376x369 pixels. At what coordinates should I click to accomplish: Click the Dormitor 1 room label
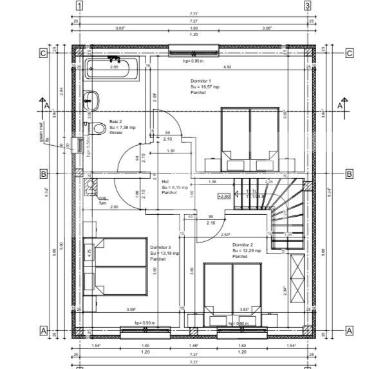coord(201,86)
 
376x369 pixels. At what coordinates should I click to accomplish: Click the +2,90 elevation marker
coord(224,196)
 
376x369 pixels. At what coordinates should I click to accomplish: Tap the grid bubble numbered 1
coord(79,6)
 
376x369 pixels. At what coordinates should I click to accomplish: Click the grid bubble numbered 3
coord(308,6)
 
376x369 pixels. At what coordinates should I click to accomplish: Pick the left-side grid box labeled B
coord(44,174)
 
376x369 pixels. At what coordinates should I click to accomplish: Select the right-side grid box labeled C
coord(349,53)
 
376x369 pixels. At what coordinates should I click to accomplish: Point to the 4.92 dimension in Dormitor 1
coord(227,66)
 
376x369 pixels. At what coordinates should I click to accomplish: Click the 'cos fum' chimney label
coord(102,201)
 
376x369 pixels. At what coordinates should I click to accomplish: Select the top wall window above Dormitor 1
coord(194,48)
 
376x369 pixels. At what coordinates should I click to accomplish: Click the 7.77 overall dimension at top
coord(194,13)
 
